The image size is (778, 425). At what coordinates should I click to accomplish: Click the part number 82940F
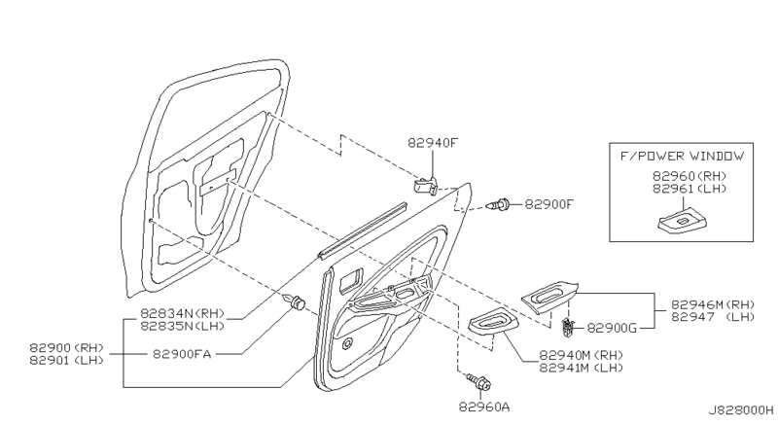(432, 143)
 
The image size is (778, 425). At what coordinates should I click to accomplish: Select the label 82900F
(550, 205)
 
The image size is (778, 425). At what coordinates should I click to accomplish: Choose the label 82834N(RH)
(182, 314)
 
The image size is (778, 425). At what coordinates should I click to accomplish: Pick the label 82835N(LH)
(182, 327)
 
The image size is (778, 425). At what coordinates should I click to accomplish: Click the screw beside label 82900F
(500, 204)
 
